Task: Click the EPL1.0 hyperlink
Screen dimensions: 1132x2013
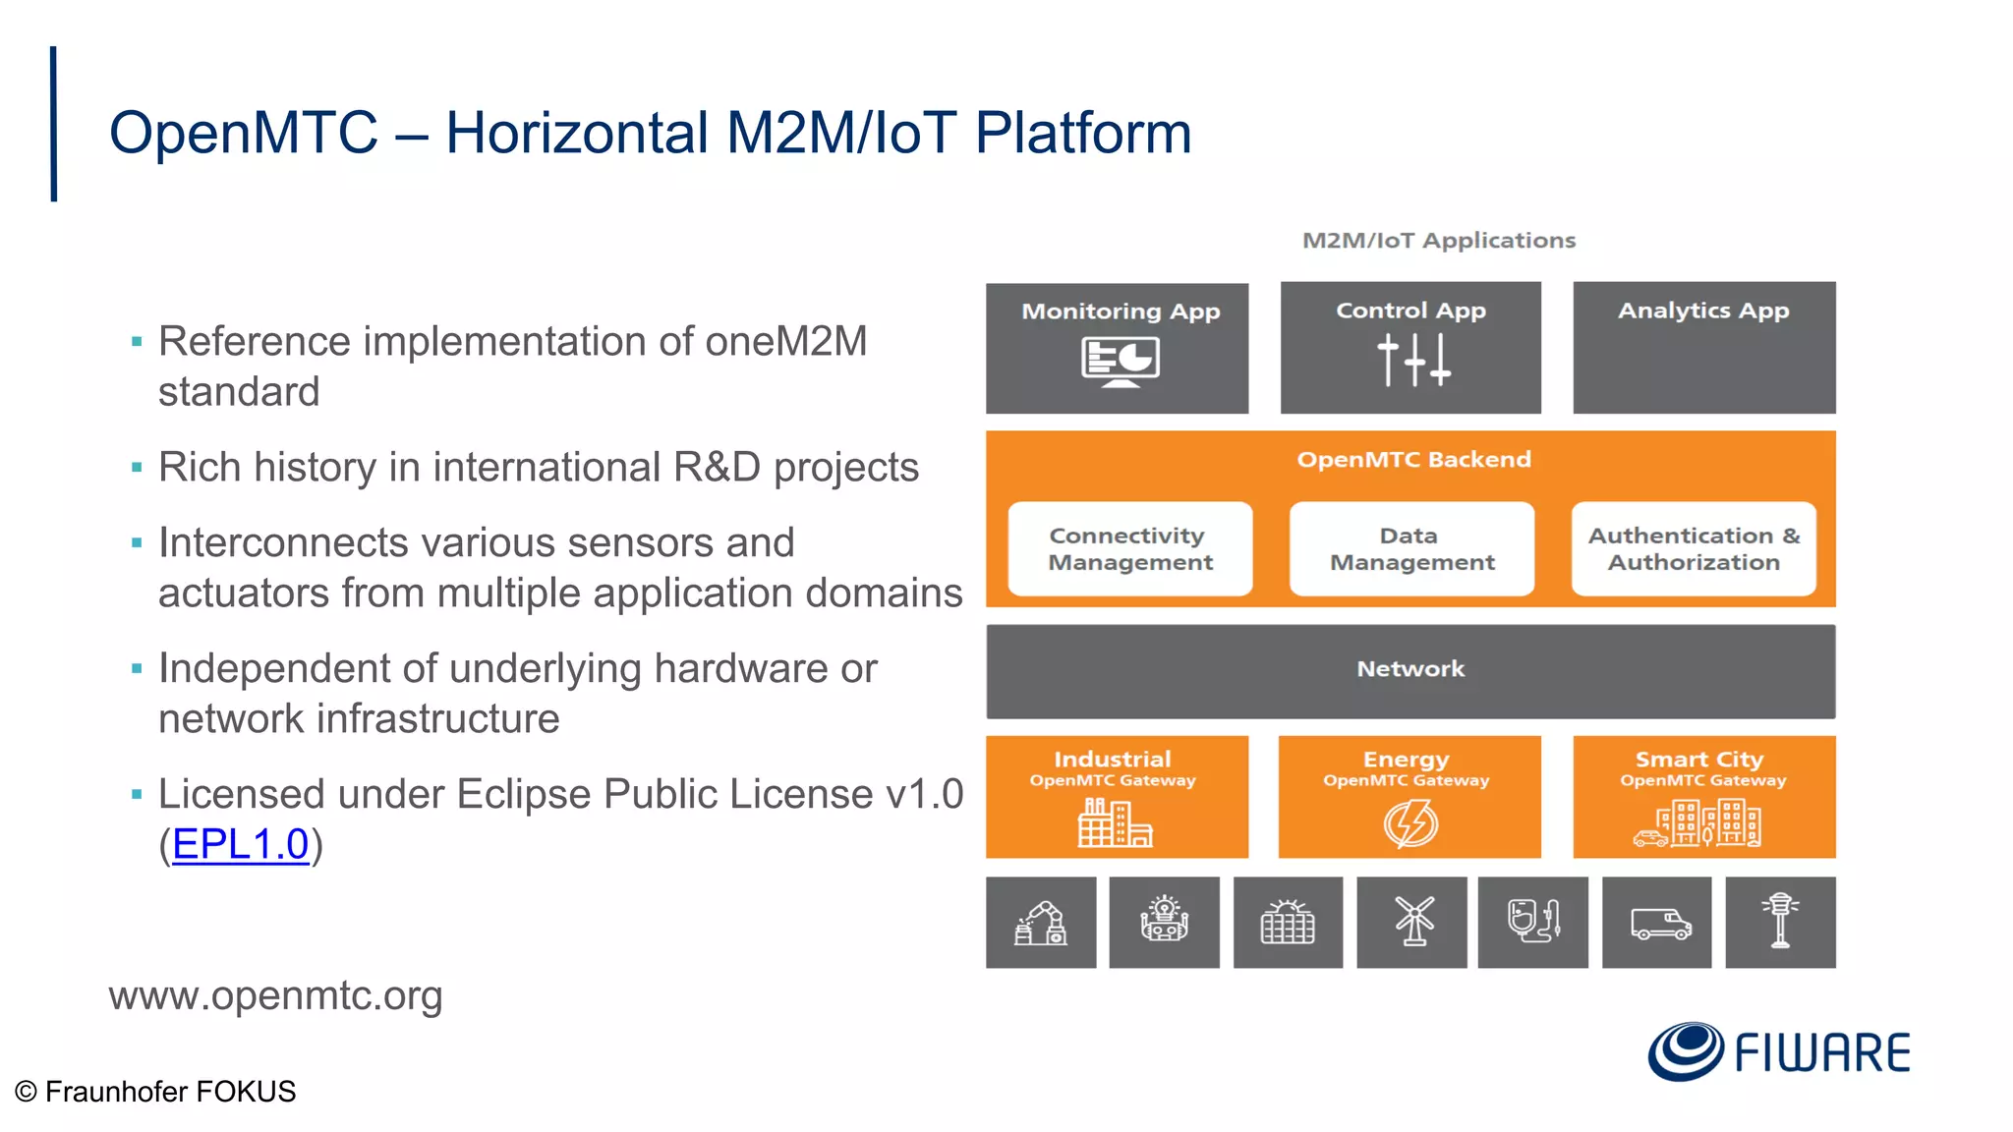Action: pyautogui.click(x=241, y=844)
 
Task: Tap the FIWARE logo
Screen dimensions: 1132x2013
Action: pyautogui.click(x=1779, y=1051)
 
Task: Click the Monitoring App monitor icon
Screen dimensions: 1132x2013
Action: pyautogui.click(x=1120, y=362)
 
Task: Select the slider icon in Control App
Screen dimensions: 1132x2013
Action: pyautogui.click(x=1412, y=360)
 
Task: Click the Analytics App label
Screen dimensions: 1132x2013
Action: pyautogui.click(x=1703, y=311)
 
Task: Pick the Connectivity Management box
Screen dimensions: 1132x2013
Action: pyautogui.click(x=1130, y=548)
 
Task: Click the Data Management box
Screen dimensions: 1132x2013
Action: pyautogui.click(x=1411, y=548)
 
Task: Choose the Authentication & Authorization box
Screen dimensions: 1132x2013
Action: pyautogui.click(x=1694, y=548)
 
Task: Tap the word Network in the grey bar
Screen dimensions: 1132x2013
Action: pyautogui.click(x=1410, y=669)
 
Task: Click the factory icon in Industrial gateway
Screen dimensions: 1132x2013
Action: pyautogui.click(x=1115, y=823)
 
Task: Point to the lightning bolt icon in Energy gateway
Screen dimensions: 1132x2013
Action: pyautogui.click(x=1410, y=823)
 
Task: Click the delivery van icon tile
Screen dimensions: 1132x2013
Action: pyautogui.click(x=1658, y=923)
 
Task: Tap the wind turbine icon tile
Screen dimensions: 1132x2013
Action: pyautogui.click(x=1412, y=923)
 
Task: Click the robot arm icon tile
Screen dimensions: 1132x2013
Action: pyautogui.click(x=1041, y=923)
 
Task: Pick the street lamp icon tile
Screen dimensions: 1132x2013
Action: pyautogui.click(x=1780, y=923)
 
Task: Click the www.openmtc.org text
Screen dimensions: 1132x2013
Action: pyautogui.click(x=275, y=996)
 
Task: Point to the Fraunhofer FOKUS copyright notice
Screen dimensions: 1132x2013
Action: pyautogui.click(x=155, y=1092)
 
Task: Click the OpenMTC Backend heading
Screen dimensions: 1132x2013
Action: pyautogui.click(x=1413, y=460)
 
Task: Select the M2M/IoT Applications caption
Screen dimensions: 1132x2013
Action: pyautogui.click(x=1438, y=241)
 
